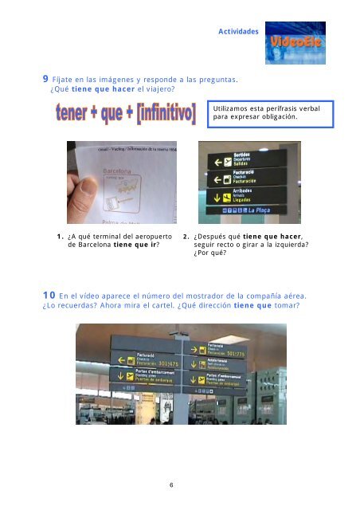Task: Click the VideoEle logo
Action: tap(295, 43)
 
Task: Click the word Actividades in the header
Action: tap(238, 32)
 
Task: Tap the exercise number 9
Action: tap(45, 80)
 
